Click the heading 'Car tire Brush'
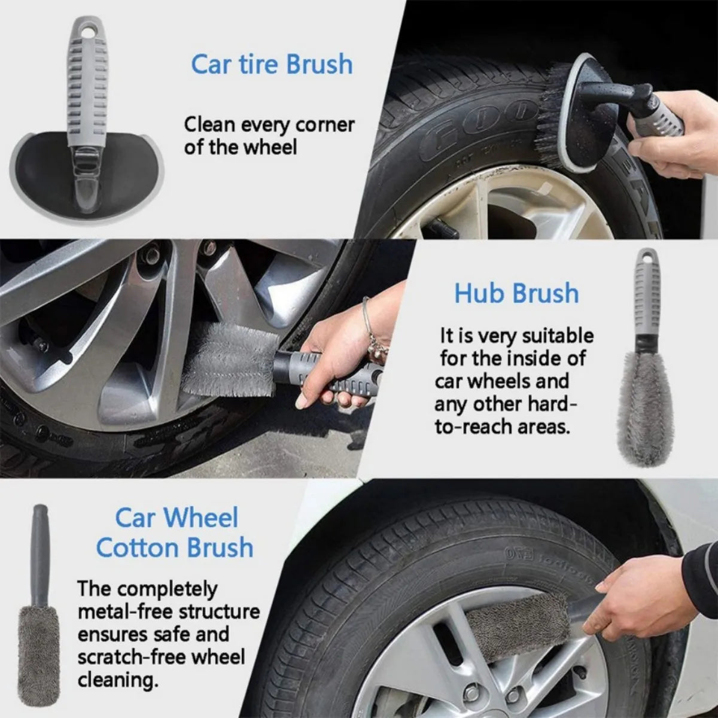coord(272,64)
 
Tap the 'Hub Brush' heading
coord(516,293)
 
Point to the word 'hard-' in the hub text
coord(553,404)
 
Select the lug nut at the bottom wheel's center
coord(473,694)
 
